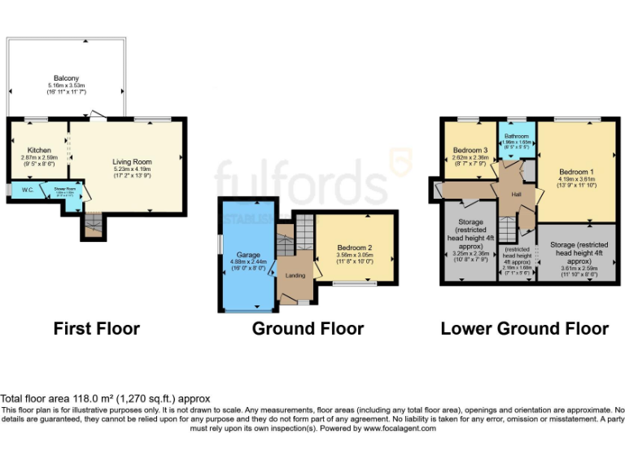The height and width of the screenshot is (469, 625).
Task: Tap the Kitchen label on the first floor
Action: [x=39, y=150]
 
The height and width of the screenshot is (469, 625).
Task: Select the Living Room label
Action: [x=132, y=162]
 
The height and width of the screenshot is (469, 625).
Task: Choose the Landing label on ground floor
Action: [x=295, y=275]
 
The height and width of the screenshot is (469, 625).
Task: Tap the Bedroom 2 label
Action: [x=356, y=247]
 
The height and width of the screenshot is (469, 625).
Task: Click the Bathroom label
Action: [x=516, y=136]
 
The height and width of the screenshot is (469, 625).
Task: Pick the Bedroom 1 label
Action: [x=576, y=172]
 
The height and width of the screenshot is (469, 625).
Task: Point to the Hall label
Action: [x=516, y=194]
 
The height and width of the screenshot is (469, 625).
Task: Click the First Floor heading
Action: [x=96, y=329]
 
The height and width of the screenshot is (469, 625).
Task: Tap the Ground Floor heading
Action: [x=308, y=329]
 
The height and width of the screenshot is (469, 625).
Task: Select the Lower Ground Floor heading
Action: [x=524, y=329]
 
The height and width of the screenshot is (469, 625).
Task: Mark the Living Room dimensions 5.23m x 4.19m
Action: [x=132, y=169]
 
